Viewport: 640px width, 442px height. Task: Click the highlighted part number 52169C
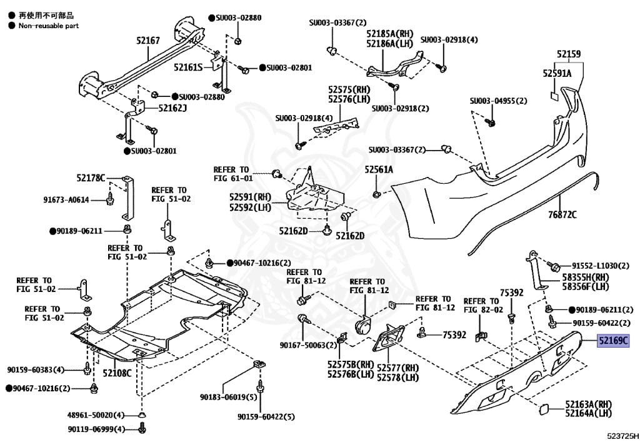tap(614, 340)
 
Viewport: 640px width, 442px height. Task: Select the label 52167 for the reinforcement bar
tap(148, 41)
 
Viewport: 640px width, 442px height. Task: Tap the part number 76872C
tap(562, 214)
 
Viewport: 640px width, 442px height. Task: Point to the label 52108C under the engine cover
tap(117, 373)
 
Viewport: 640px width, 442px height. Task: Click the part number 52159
tap(569, 54)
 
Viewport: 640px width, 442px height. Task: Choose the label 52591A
tap(557, 74)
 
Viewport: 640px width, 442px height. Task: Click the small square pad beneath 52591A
tap(555, 96)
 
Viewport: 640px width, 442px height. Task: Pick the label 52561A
tap(379, 169)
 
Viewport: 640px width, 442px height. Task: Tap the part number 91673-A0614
tap(66, 200)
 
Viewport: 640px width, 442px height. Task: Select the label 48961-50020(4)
tap(96, 415)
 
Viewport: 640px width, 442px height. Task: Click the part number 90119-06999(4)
tap(97, 429)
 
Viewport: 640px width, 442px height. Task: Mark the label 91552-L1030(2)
tap(601, 266)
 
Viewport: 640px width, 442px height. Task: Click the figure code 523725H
tap(622, 436)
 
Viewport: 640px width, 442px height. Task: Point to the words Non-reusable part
tap(49, 26)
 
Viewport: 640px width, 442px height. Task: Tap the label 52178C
tap(91, 178)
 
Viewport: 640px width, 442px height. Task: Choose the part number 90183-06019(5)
tap(229, 397)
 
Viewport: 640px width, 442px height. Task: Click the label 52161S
tap(188, 68)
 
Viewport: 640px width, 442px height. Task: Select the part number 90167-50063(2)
tap(309, 345)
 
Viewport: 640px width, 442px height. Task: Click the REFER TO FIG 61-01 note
tap(233, 174)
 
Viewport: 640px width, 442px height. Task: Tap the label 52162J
tap(172, 108)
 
